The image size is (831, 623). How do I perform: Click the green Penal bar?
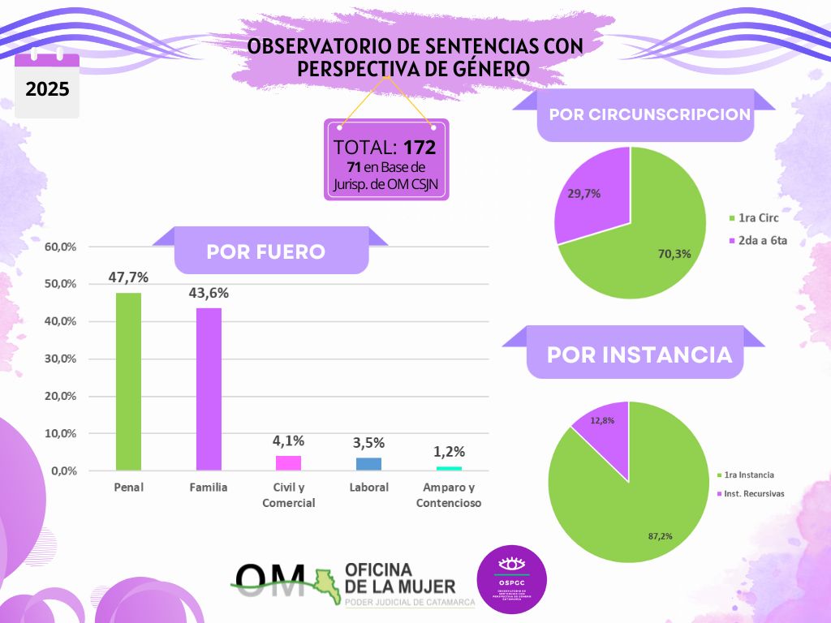pos(128,381)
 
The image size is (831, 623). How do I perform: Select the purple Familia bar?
pos(208,389)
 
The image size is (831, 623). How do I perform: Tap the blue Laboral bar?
pos(368,464)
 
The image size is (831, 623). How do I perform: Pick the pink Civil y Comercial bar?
pos(288,463)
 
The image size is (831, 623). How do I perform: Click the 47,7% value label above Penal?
pos(128,277)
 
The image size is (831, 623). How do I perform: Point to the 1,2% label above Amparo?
pos(449,453)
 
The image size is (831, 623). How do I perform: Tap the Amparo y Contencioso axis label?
pos(449,495)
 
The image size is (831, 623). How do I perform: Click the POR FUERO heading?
pos(266,251)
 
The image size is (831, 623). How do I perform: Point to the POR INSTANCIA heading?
pos(639,355)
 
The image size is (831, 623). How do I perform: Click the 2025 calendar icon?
pos(47,85)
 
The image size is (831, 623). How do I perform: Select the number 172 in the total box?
pos(420,148)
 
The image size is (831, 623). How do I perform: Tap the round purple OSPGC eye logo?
pos(511,579)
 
